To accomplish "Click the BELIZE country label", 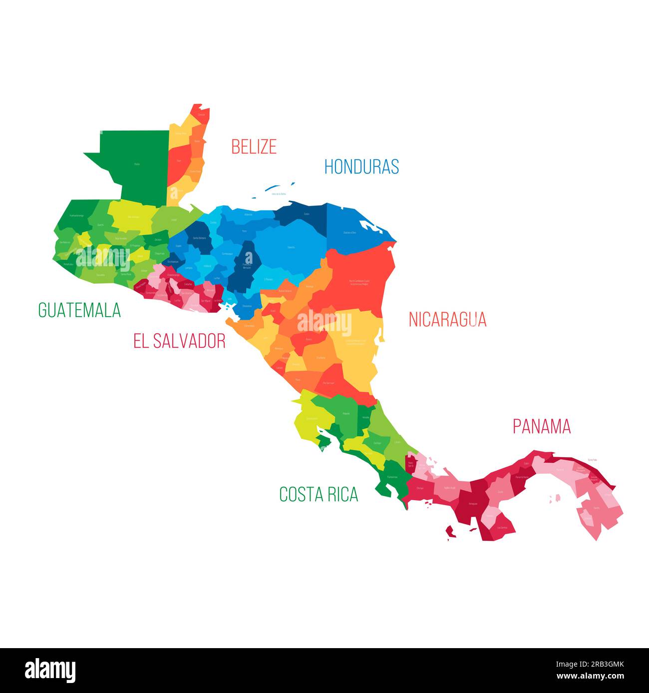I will [254, 147].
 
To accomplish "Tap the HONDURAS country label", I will [361, 167].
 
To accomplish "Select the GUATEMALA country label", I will [79, 310].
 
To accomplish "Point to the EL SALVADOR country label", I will [179, 341].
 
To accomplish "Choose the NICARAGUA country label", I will [447, 319].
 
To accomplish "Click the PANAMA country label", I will [542, 427].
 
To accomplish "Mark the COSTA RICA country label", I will [319, 494].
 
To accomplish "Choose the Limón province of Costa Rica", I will [394, 439].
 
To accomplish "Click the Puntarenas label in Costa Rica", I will [392, 477].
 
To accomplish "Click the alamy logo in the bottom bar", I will [50, 670].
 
